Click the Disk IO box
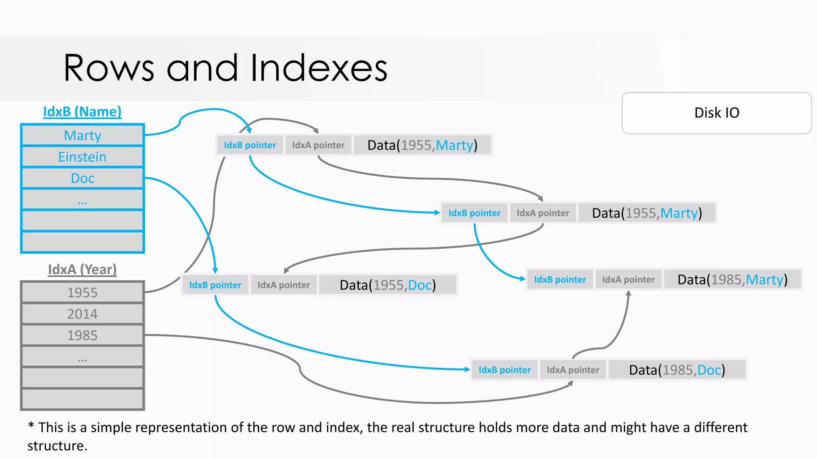click(x=716, y=113)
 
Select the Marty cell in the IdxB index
click(x=83, y=135)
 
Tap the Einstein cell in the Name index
click(x=83, y=157)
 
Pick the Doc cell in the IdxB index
click(x=83, y=178)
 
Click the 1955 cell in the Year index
click(x=83, y=293)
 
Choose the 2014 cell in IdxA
click(x=83, y=314)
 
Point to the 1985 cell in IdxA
click(x=83, y=335)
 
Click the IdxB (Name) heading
click(x=82, y=112)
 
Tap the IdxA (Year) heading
click(x=82, y=270)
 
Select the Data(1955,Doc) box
click(x=388, y=285)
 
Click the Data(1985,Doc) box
click(x=677, y=370)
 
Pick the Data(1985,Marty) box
click(x=732, y=280)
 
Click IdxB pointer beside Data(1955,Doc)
click(x=215, y=285)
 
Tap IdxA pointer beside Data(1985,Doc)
click(x=573, y=370)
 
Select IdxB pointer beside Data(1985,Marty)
click(x=560, y=280)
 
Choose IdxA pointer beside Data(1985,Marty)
click(x=628, y=280)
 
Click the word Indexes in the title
click(x=319, y=68)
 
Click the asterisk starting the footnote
click(x=31, y=426)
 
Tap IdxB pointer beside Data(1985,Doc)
click(x=505, y=370)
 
